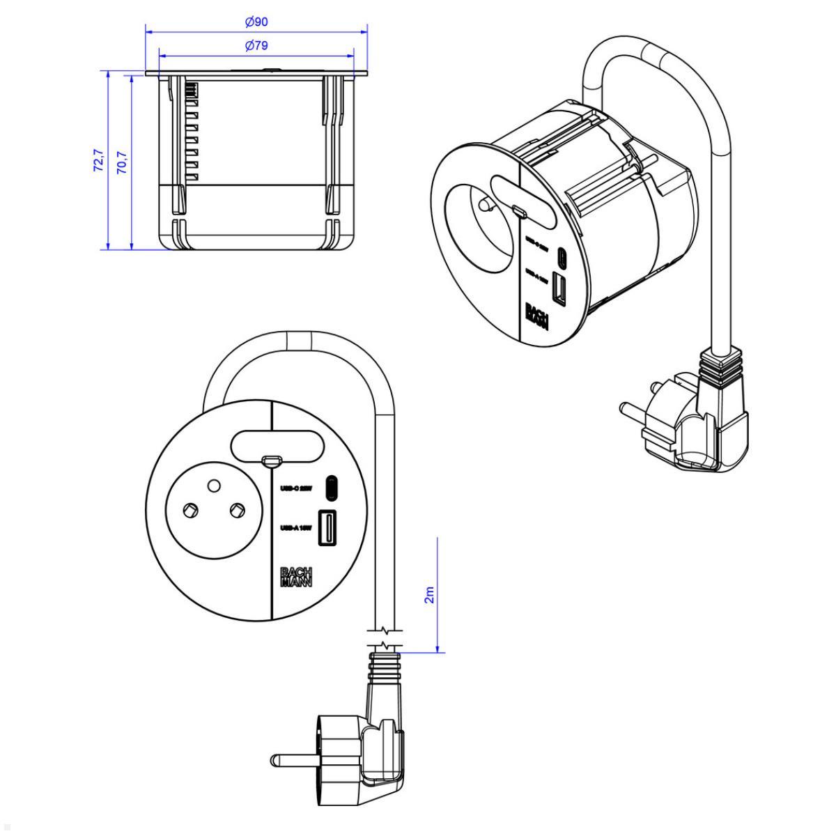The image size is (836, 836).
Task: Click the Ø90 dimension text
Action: (256, 22)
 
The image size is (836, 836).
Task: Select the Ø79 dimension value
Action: (256, 46)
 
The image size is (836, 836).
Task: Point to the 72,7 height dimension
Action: (98, 160)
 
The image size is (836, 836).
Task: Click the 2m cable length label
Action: (429, 595)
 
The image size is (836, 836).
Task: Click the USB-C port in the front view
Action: (332, 488)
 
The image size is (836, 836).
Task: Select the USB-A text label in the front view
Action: (295, 528)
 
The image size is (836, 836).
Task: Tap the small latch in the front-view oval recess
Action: (270, 460)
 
